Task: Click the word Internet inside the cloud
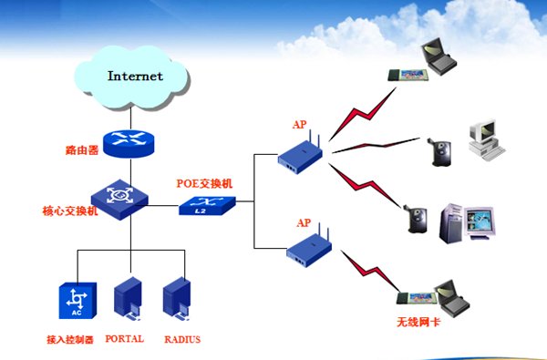135,76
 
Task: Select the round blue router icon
127,141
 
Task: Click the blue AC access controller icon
76,302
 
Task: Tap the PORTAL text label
125,339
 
